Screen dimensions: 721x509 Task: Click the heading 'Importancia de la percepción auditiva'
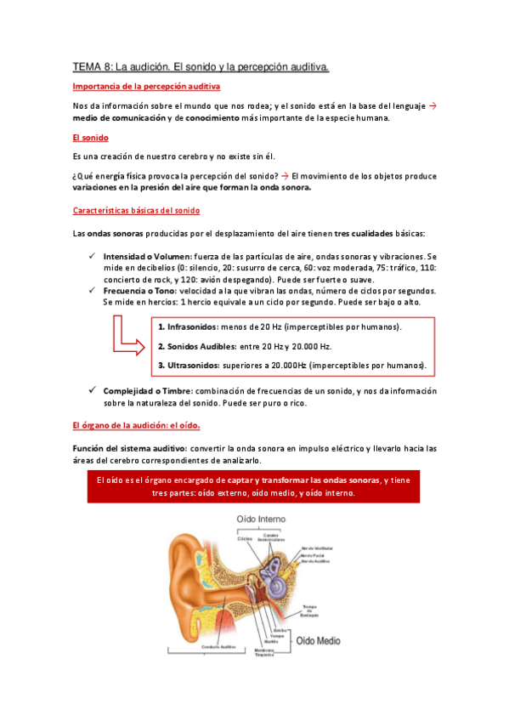pyautogui.click(x=146, y=87)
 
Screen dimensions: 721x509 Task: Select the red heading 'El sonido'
pyautogui.click(x=91, y=137)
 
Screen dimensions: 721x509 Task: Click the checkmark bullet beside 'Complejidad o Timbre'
pyautogui.click(x=92, y=391)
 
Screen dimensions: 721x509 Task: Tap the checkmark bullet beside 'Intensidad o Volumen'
pyautogui.click(x=92, y=256)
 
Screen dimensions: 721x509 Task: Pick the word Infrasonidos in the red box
pyautogui.click(x=192, y=327)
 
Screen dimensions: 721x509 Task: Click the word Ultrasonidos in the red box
pyautogui.click(x=194, y=366)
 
